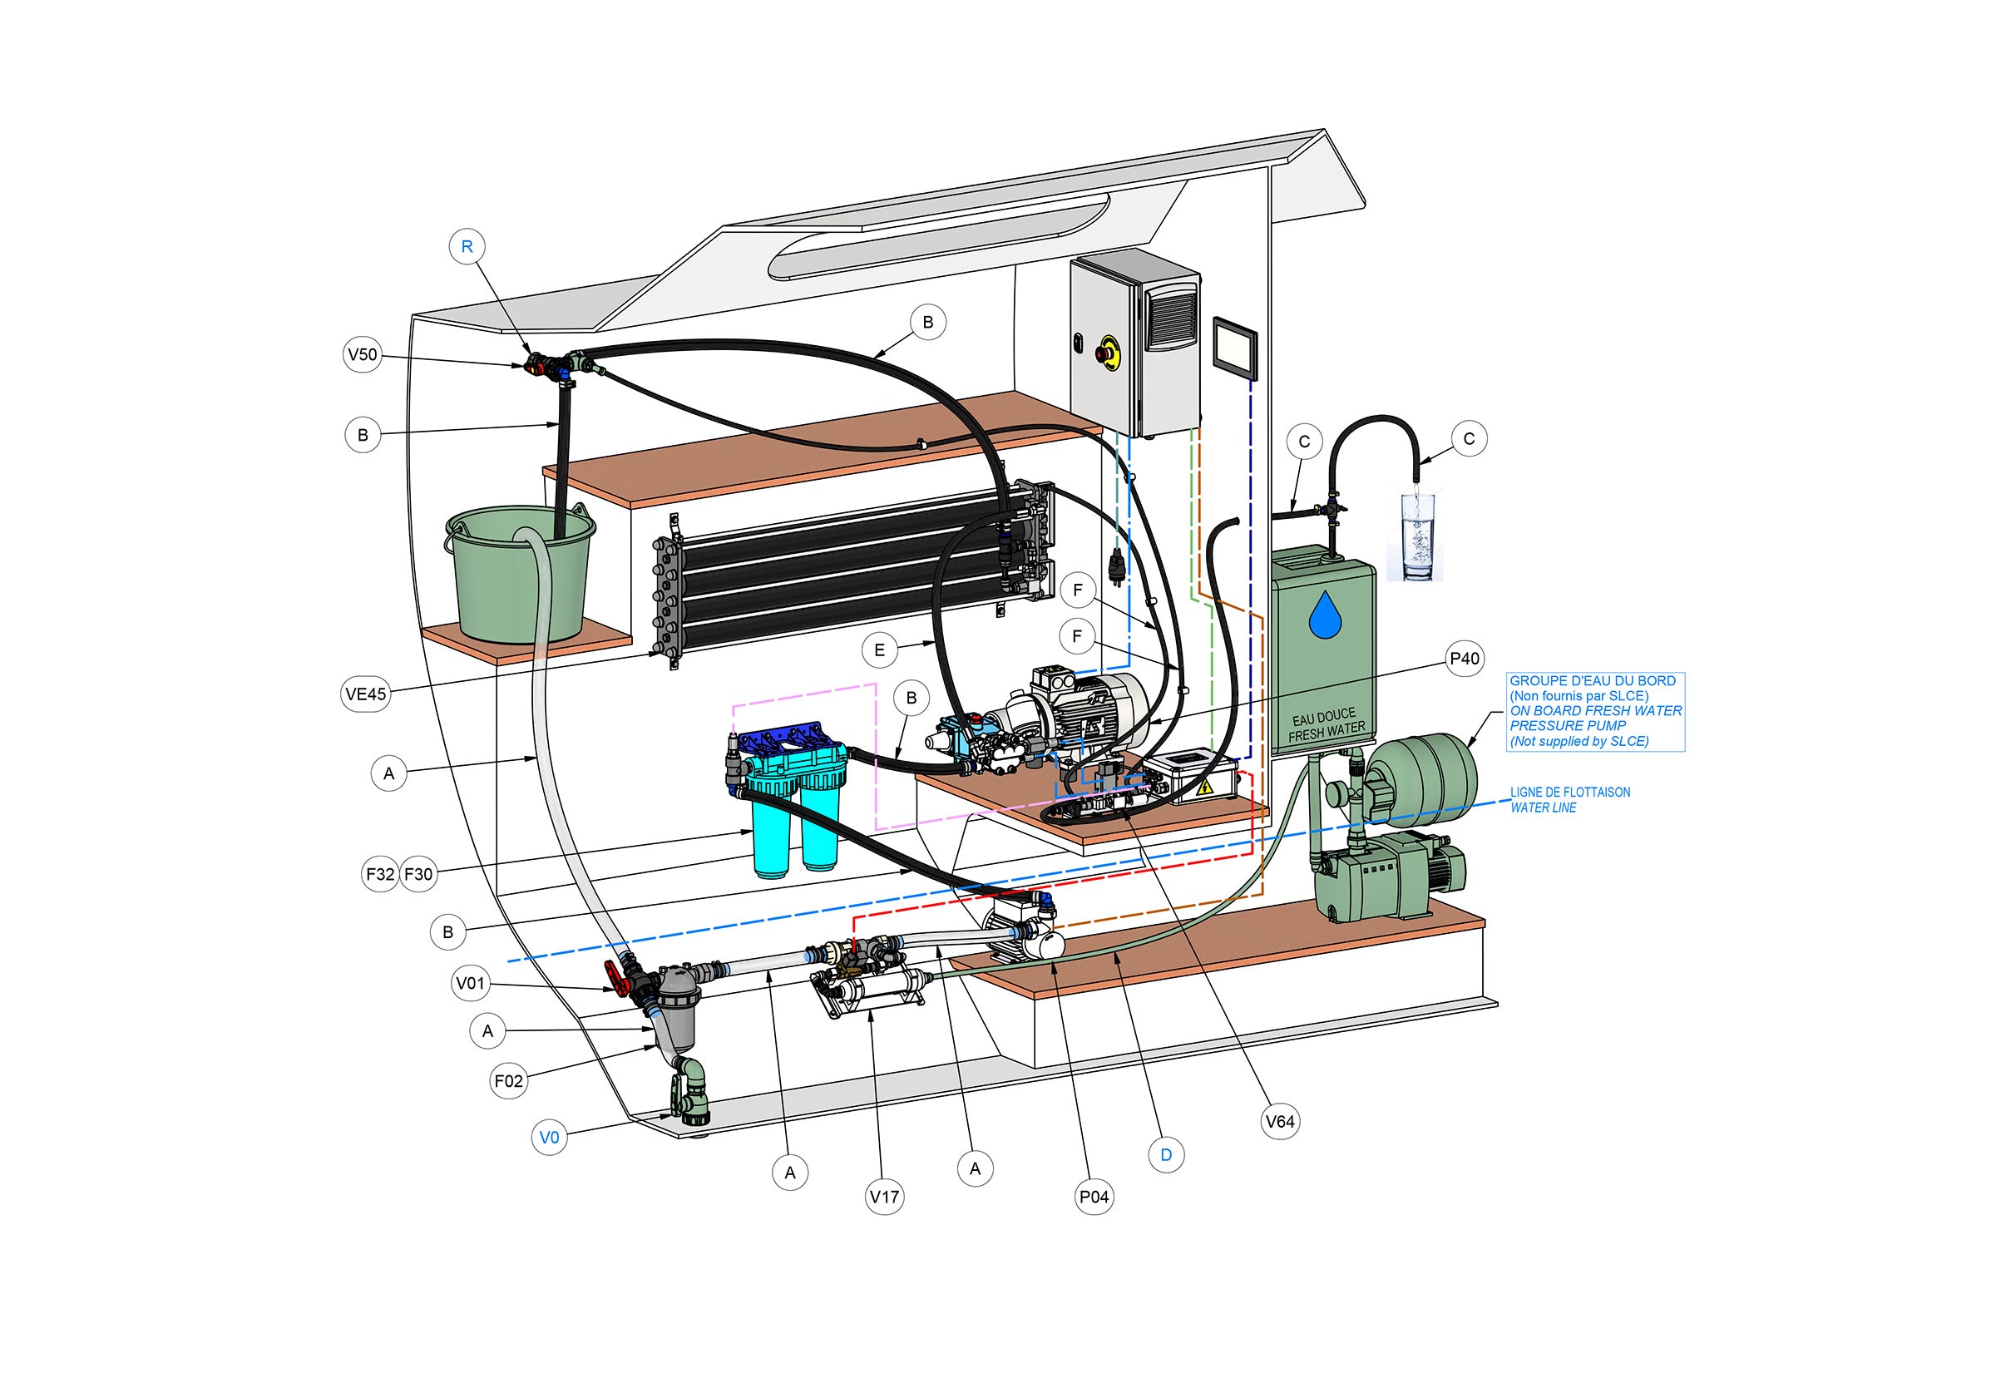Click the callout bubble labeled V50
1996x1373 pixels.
coord(363,354)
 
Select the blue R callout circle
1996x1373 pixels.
coord(467,247)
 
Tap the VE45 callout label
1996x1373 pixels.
coord(367,694)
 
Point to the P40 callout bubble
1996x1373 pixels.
coord(1465,659)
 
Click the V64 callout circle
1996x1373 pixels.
coord(1280,1122)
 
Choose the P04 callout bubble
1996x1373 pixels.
coord(1094,1197)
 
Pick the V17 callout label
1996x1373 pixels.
coord(884,1197)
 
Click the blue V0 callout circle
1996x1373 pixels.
coord(549,1138)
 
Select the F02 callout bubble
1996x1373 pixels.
coord(508,1081)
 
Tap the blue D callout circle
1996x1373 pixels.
coord(1166,1154)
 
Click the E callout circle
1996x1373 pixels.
coord(879,650)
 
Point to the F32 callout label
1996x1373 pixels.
coord(380,875)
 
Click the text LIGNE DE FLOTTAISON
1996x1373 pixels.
coord(1570,793)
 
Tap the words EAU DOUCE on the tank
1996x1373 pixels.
coord(1323,716)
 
